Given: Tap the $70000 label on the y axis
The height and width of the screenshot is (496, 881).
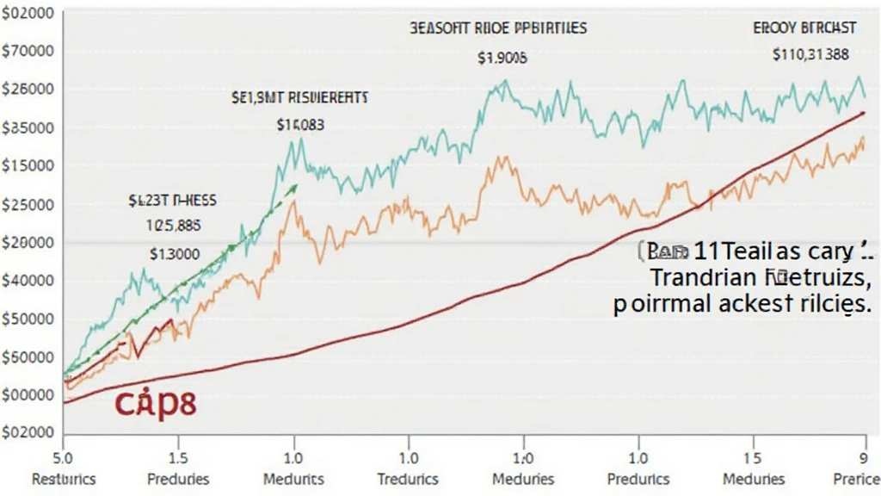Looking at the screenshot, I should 29,51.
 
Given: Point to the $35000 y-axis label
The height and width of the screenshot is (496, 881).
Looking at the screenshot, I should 29,127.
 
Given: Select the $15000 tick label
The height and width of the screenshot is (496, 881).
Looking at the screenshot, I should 29,165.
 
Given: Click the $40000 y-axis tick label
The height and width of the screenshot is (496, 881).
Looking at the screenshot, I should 29,280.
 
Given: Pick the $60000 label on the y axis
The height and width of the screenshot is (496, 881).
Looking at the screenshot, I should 29,356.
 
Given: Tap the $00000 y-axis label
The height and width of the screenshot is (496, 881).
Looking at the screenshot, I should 29,394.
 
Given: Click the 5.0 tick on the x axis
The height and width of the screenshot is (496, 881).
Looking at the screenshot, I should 63,456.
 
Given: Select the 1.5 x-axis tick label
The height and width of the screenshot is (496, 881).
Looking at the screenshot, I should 178,456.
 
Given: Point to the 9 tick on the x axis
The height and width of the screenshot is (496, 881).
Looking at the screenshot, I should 863,456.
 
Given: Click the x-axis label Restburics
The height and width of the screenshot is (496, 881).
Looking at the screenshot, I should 64,478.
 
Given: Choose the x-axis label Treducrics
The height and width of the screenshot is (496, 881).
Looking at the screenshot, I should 409,478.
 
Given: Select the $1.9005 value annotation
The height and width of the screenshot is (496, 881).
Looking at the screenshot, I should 502,59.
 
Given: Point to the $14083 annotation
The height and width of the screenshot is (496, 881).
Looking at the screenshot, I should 300,124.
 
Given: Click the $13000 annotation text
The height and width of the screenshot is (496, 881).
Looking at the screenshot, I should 175,254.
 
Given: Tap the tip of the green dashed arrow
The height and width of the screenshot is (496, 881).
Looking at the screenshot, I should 298,184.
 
